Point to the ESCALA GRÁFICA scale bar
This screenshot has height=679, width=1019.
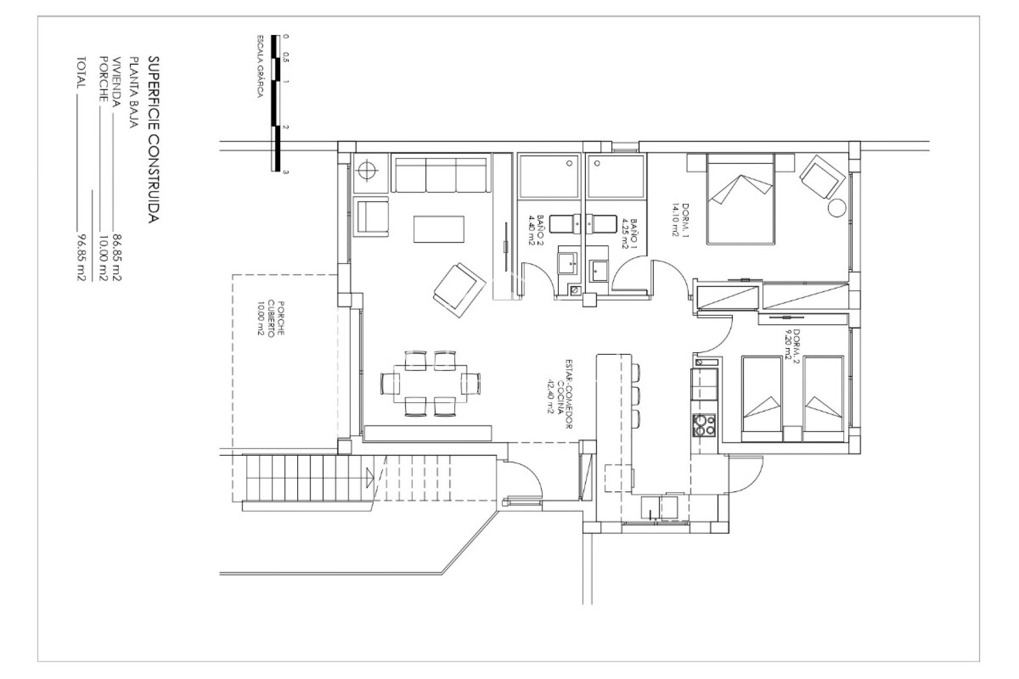(x=275, y=103)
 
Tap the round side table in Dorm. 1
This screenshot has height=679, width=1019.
(x=837, y=207)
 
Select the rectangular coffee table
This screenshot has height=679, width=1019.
(x=439, y=229)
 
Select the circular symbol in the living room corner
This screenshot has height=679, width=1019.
(x=367, y=170)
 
